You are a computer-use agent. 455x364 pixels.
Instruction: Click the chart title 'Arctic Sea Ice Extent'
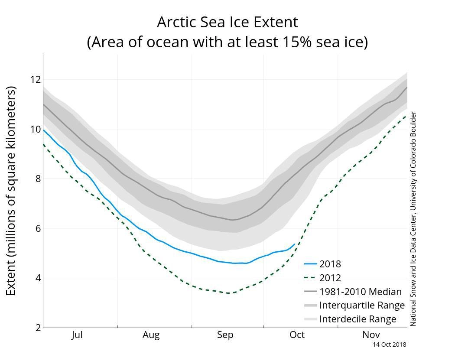[x=227, y=22]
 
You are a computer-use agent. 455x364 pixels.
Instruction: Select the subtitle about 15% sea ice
[x=227, y=42]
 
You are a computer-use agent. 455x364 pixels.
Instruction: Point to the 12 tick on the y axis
[x=35, y=79]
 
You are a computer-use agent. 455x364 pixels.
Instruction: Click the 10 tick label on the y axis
[x=35, y=129]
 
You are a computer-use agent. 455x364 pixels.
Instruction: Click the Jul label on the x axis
[x=77, y=335]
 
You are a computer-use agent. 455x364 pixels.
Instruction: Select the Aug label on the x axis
[x=151, y=335]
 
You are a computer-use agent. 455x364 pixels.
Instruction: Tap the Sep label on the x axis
[x=225, y=335]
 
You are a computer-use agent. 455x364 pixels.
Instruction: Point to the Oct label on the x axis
[x=297, y=335]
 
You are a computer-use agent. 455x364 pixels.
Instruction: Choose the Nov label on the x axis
[x=371, y=335]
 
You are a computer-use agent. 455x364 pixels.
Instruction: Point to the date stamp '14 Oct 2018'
[x=390, y=344]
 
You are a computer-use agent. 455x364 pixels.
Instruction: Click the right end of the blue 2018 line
[x=295, y=244]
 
